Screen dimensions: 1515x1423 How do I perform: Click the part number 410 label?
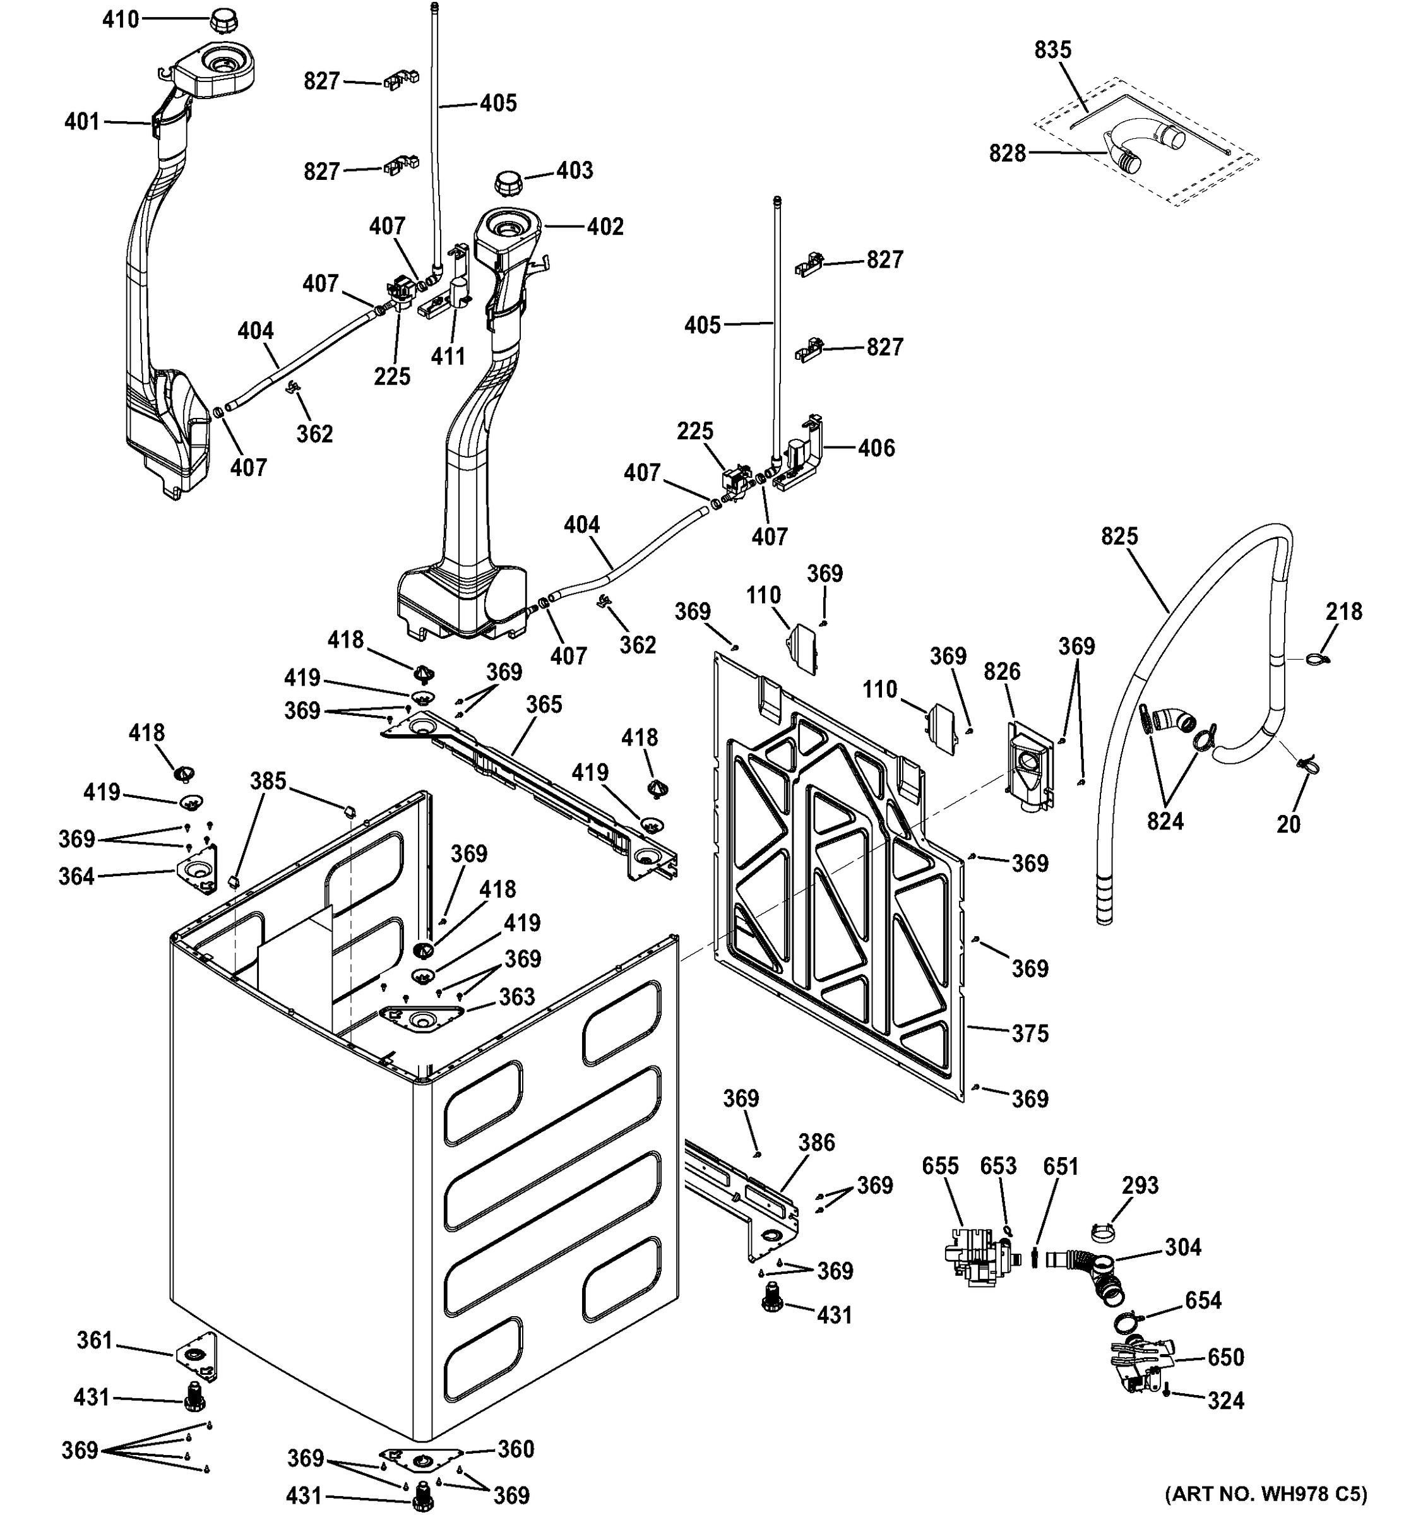[x=121, y=19]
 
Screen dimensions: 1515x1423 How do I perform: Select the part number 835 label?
[x=1052, y=49]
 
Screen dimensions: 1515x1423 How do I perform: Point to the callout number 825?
[x=1119, y=537]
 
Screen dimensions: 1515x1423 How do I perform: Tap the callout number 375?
[x=1030, y=1033]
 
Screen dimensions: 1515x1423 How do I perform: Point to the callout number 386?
[x=816, y=1143]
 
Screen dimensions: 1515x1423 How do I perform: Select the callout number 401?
[x=81, y=121]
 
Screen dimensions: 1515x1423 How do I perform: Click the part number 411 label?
[x=448, y=356]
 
